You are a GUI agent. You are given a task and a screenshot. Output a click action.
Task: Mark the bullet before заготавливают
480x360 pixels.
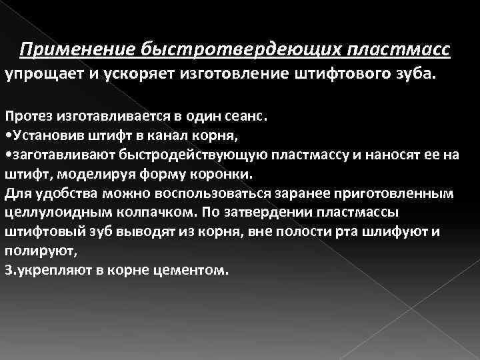pyautogui.click(x=7, y=155)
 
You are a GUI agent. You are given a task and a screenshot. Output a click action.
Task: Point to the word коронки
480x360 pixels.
pyautogui.click(x=229, y=174)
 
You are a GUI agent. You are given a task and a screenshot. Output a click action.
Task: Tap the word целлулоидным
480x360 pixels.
pyautogui.click(x=57, y=213)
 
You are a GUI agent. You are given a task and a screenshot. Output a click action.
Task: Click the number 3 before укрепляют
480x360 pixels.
pyautogui.click(x=7, y=272)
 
